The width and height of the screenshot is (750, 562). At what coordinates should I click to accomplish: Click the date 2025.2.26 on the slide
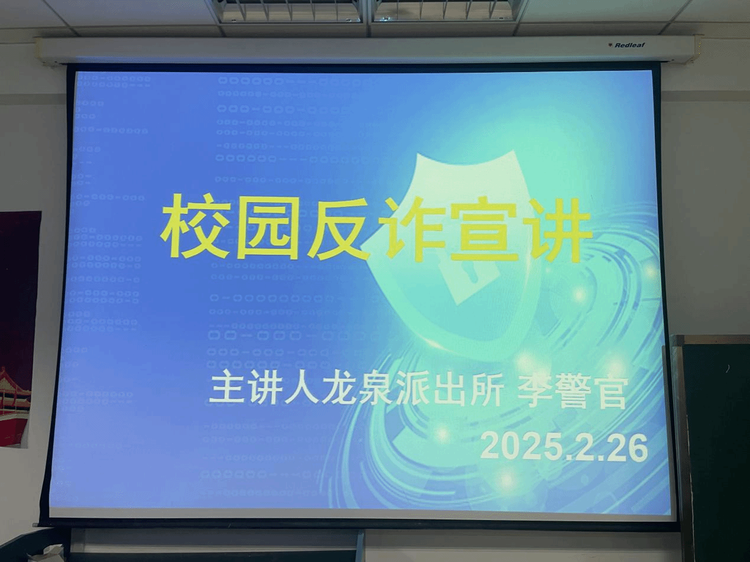[x=564, y=446]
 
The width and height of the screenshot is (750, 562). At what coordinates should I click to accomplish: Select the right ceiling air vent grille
[x=444, y=10]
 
